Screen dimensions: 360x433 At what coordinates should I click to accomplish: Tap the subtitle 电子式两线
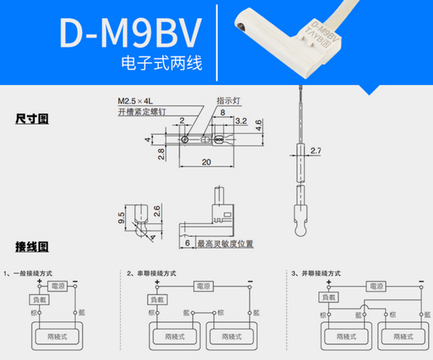pos(161,63)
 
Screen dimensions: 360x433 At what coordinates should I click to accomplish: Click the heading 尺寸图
pos(32,119)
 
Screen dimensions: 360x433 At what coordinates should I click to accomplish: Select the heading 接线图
pos(32,247)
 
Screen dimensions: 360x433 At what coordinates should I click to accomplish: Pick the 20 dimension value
pos(207,162)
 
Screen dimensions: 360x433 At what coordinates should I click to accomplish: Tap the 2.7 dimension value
pos(316,151)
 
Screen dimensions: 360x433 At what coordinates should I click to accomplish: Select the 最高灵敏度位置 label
pos(225,244)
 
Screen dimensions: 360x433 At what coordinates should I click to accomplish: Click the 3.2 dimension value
pos(241,121)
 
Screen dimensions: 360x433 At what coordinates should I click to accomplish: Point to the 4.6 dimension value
pos(259,123)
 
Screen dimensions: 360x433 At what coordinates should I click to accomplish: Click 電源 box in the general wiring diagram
pos(58,286)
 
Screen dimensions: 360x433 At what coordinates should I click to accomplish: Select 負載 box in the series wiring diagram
pos(158,299)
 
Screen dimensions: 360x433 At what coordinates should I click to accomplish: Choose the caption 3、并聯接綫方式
pos(316,273)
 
